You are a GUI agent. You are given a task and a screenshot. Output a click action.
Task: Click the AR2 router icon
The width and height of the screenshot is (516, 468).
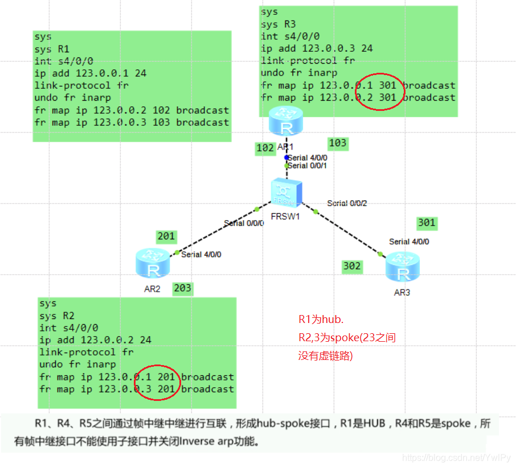tap(153, 263)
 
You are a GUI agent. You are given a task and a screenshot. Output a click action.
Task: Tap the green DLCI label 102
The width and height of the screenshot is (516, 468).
tap(265, 148)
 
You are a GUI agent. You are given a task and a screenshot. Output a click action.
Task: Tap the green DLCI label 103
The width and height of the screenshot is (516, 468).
tap(338, 143)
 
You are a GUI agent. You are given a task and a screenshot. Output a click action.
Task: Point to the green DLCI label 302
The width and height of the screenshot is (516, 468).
tap(352, 266)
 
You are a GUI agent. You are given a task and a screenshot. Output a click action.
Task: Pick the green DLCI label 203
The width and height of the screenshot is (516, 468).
tap(182, 288)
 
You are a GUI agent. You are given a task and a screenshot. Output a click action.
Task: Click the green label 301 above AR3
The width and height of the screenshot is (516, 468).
tap(427, 223)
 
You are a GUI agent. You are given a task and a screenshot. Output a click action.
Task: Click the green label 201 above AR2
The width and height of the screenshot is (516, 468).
tap(166, 236)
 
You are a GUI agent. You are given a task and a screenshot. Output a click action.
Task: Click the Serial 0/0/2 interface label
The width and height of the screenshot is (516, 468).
tap(347, 204)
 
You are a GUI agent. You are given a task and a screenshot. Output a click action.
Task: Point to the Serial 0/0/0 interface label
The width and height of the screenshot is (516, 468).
tap(244, 223)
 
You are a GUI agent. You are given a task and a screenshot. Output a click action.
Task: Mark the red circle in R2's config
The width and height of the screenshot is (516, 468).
tap(158, 382)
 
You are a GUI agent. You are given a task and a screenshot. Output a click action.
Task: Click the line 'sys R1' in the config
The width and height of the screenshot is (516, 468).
tap(52, 49)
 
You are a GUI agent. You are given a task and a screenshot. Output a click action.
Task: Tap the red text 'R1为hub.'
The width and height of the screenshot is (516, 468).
tap(321, 320)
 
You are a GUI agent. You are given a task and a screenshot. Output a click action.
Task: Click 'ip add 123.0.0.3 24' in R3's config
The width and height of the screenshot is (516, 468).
tap(317, 48)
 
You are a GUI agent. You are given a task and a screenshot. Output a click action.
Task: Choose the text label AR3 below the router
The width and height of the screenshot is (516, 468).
tap(402, 292)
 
